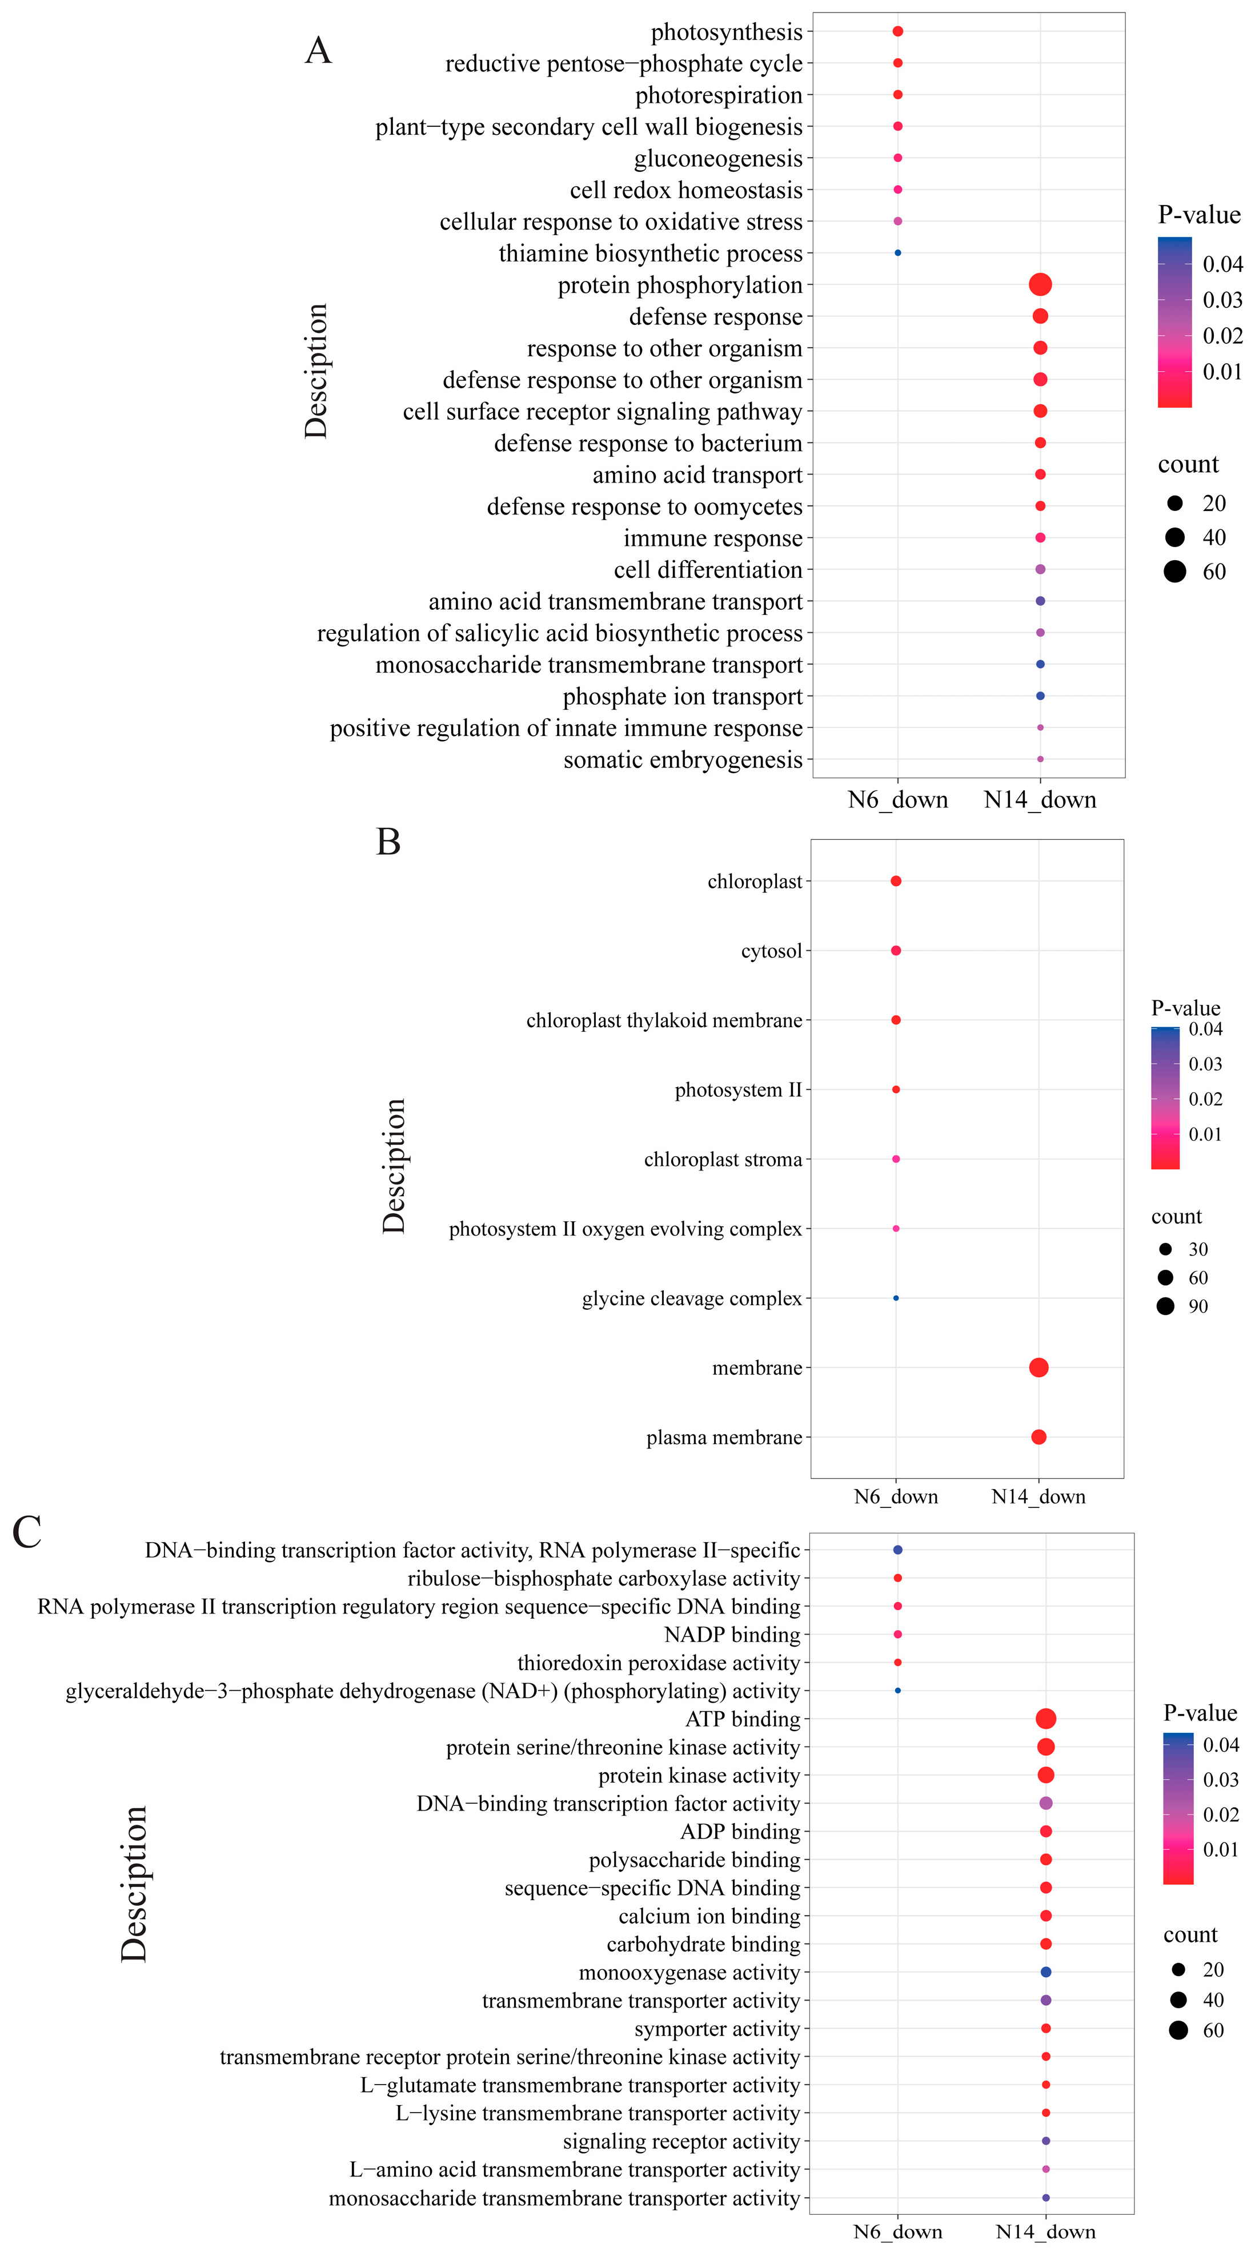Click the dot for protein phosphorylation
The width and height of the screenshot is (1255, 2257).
tap(1040, 285)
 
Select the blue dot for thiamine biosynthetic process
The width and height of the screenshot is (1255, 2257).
tap(897, 253)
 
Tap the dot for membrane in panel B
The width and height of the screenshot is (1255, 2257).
tap(1039, 1367)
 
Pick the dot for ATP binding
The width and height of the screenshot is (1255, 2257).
tap(1045, 1719)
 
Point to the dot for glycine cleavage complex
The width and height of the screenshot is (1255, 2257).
tap(896, 1298)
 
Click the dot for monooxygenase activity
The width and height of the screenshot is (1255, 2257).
tap(1045, 1972)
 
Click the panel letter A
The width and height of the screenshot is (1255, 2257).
tap(318, 51)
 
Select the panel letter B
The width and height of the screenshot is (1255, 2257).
tap(388, 842)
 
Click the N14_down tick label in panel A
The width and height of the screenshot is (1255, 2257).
tap(1040, 800)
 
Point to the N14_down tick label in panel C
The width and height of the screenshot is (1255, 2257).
tap(1045, 2231)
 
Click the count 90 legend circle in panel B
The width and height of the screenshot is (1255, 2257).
tap(1165, 1306)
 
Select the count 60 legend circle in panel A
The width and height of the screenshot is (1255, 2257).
tap(1174, 572)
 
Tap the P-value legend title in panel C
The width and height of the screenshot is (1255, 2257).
tap(1200, 1713)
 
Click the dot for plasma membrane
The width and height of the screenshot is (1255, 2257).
tap(1039, 1437)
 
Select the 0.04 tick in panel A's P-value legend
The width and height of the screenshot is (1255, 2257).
tap(1222, 264)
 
